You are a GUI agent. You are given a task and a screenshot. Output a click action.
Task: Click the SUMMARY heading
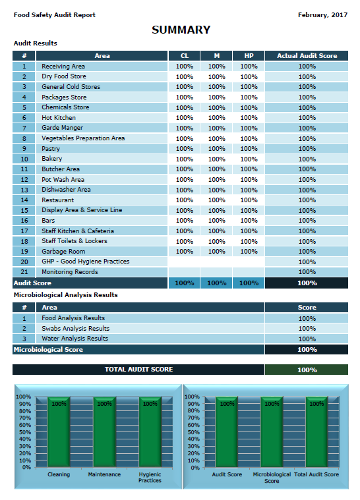point(181,30)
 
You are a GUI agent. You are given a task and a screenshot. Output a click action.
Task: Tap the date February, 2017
point(322,15)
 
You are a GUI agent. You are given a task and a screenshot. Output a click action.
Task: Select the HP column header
point(249,56)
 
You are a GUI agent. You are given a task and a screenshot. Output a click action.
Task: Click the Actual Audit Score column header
point(307,56)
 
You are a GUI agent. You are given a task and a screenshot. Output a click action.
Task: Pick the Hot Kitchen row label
point(59,118)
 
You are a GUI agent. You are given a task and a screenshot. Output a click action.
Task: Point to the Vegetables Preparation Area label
point(83,138)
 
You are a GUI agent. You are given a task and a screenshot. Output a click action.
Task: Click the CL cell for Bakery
point(185,159)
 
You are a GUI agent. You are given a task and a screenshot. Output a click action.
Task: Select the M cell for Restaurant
point(217,200)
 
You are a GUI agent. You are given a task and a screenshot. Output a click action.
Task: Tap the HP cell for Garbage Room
point(249,251)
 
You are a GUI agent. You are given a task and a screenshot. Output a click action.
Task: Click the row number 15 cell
point(24,210)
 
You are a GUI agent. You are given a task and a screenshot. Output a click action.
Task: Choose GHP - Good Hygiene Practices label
point(86,262)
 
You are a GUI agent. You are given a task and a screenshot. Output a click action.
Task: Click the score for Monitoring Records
point(307,272)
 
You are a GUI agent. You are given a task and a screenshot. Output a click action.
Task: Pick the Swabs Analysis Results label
point(76,329)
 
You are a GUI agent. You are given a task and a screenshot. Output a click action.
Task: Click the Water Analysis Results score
point(307,339)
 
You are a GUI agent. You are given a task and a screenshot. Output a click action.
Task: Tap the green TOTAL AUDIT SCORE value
point(307,370)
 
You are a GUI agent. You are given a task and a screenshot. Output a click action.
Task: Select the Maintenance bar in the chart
point(104,432)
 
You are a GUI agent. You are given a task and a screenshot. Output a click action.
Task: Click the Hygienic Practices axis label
point(150,478)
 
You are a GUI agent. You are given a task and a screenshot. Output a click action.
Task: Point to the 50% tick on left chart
point(25,432)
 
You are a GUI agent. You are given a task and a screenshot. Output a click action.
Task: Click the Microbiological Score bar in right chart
point(272,432)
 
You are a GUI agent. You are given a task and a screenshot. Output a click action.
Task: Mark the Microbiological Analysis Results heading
point(66,295)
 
